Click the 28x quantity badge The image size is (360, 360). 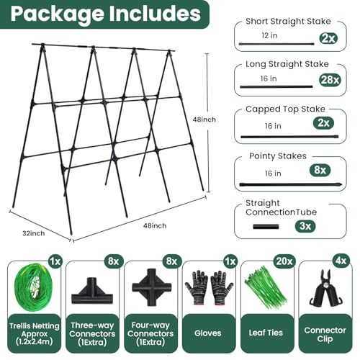(x=330, y=80)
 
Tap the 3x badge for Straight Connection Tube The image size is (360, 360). (x=305, y=226)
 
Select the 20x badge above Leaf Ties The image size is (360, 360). (x=284, y=261)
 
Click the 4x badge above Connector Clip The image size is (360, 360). (x=341, y=261)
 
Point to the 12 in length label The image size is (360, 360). (x=269, y=35)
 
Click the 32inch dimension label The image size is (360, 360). (x=34, y=233)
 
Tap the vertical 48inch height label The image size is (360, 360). (x=204, y=120)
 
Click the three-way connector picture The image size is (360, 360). (x=92, y=291)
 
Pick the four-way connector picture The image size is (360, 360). (x=151, y=287)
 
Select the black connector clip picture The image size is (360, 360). (x=325, y=289)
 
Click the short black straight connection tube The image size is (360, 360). (x=266, y=226)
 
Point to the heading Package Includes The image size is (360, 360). (x=106, y=14)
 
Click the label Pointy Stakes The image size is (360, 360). (x=278, y=156)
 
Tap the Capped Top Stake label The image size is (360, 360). (x=285, y=109)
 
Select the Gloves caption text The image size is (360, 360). (x=208, y=333)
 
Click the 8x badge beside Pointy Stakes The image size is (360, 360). (x=320, y=171)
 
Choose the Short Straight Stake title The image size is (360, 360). (x=288, y=22)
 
